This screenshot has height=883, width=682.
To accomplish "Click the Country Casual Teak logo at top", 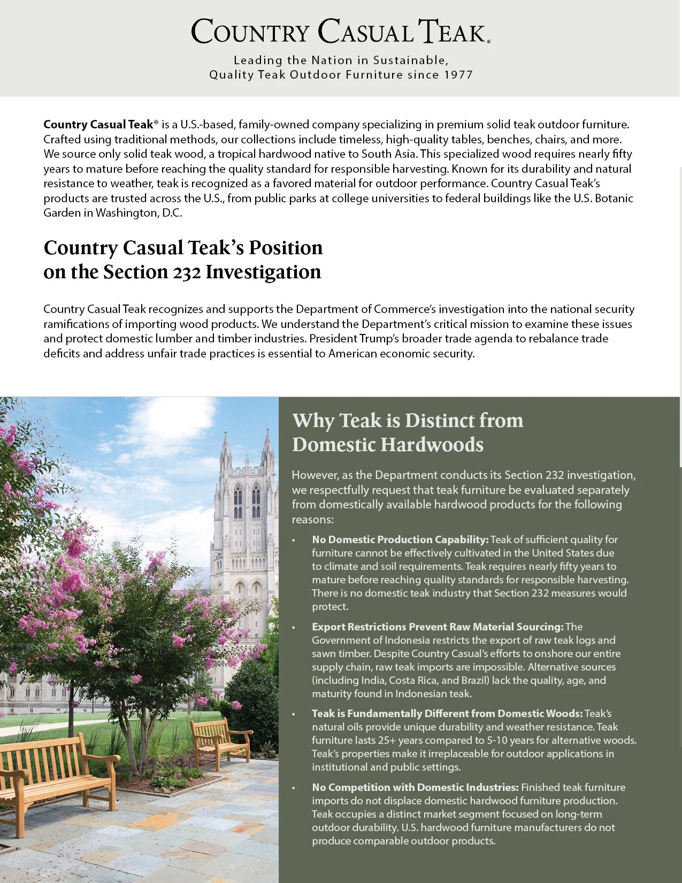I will pyautogui.click(x=340, y=31).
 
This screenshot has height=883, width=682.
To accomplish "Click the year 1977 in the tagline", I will pyautogui.click(x=458, y=75).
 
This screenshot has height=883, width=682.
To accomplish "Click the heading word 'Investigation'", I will pyautogui.click(x=263, y=272).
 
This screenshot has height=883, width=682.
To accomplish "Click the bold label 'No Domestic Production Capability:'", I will pyautogui.click(x=400, y=539).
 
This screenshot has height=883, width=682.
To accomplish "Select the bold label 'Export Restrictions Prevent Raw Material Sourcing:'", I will pyautogui.click(x=438, y=627).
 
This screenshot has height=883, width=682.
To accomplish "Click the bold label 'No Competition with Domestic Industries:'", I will pyautogui.click(x=415, y=787).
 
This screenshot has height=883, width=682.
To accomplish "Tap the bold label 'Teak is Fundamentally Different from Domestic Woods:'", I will pyautogui.click(x=447, y=713).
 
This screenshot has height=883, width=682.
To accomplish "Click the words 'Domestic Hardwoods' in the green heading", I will pyautogui.click(x=388, y=445).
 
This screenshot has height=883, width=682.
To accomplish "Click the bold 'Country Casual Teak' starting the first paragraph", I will pyautogui.click(x=98, y=125).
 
